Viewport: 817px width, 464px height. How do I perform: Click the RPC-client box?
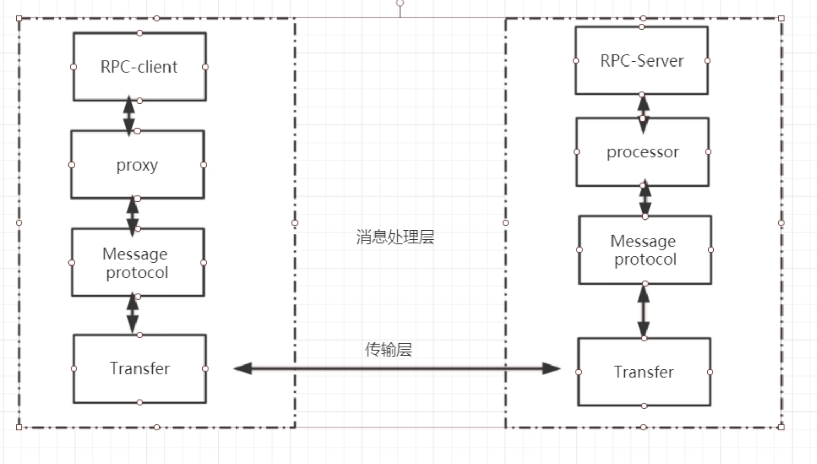(x=140, y=67)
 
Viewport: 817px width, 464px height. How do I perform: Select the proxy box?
(x=138, y=164)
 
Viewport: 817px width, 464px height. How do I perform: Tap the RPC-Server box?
(x=642, y=61)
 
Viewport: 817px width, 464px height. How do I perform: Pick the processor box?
(x=642, y=152)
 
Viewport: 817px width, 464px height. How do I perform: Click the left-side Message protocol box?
(x=138, y=262)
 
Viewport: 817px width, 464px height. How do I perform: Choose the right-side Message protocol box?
(x=645, y=250)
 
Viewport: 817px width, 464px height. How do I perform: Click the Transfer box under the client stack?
(x=140, y=369)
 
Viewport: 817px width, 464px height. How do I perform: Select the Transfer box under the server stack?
(x=644, y=372)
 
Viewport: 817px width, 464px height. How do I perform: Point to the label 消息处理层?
(x=395, y=237)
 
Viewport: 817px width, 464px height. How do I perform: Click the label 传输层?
(x=388, y=349)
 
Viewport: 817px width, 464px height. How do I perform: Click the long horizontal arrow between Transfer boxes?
(x=397, y=369)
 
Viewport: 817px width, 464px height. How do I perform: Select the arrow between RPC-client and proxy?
(x=129, y=116)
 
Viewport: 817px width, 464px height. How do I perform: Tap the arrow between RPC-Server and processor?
(x=643, y=114)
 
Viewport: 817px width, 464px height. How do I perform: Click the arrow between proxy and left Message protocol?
(x=132, y=216)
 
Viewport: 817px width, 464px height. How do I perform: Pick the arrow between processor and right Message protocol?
(x=645, y=198)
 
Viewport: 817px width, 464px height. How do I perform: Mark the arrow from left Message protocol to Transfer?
(x=132, y=313)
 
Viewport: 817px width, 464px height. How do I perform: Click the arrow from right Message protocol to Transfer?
(x=643, y=311)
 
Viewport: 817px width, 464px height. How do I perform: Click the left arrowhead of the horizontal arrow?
(x=243, y=369)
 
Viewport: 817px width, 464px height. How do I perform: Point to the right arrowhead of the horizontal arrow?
(x=552, y=369)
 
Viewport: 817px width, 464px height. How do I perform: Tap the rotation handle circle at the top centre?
(x=400, y=3)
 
